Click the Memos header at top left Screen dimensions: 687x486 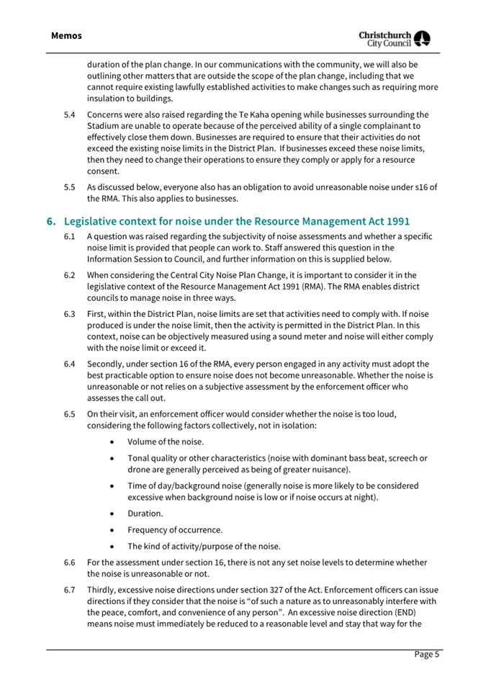66,35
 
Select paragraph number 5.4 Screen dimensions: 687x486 68,114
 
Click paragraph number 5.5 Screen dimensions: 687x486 68,187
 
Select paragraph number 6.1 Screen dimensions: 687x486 68,236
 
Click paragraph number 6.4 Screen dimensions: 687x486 68,364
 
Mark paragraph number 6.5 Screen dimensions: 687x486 68,414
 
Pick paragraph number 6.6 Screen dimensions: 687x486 68,562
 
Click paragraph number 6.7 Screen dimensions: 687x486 68,591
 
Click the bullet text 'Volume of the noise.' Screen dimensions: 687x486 165,441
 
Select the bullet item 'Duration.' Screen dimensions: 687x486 145,513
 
